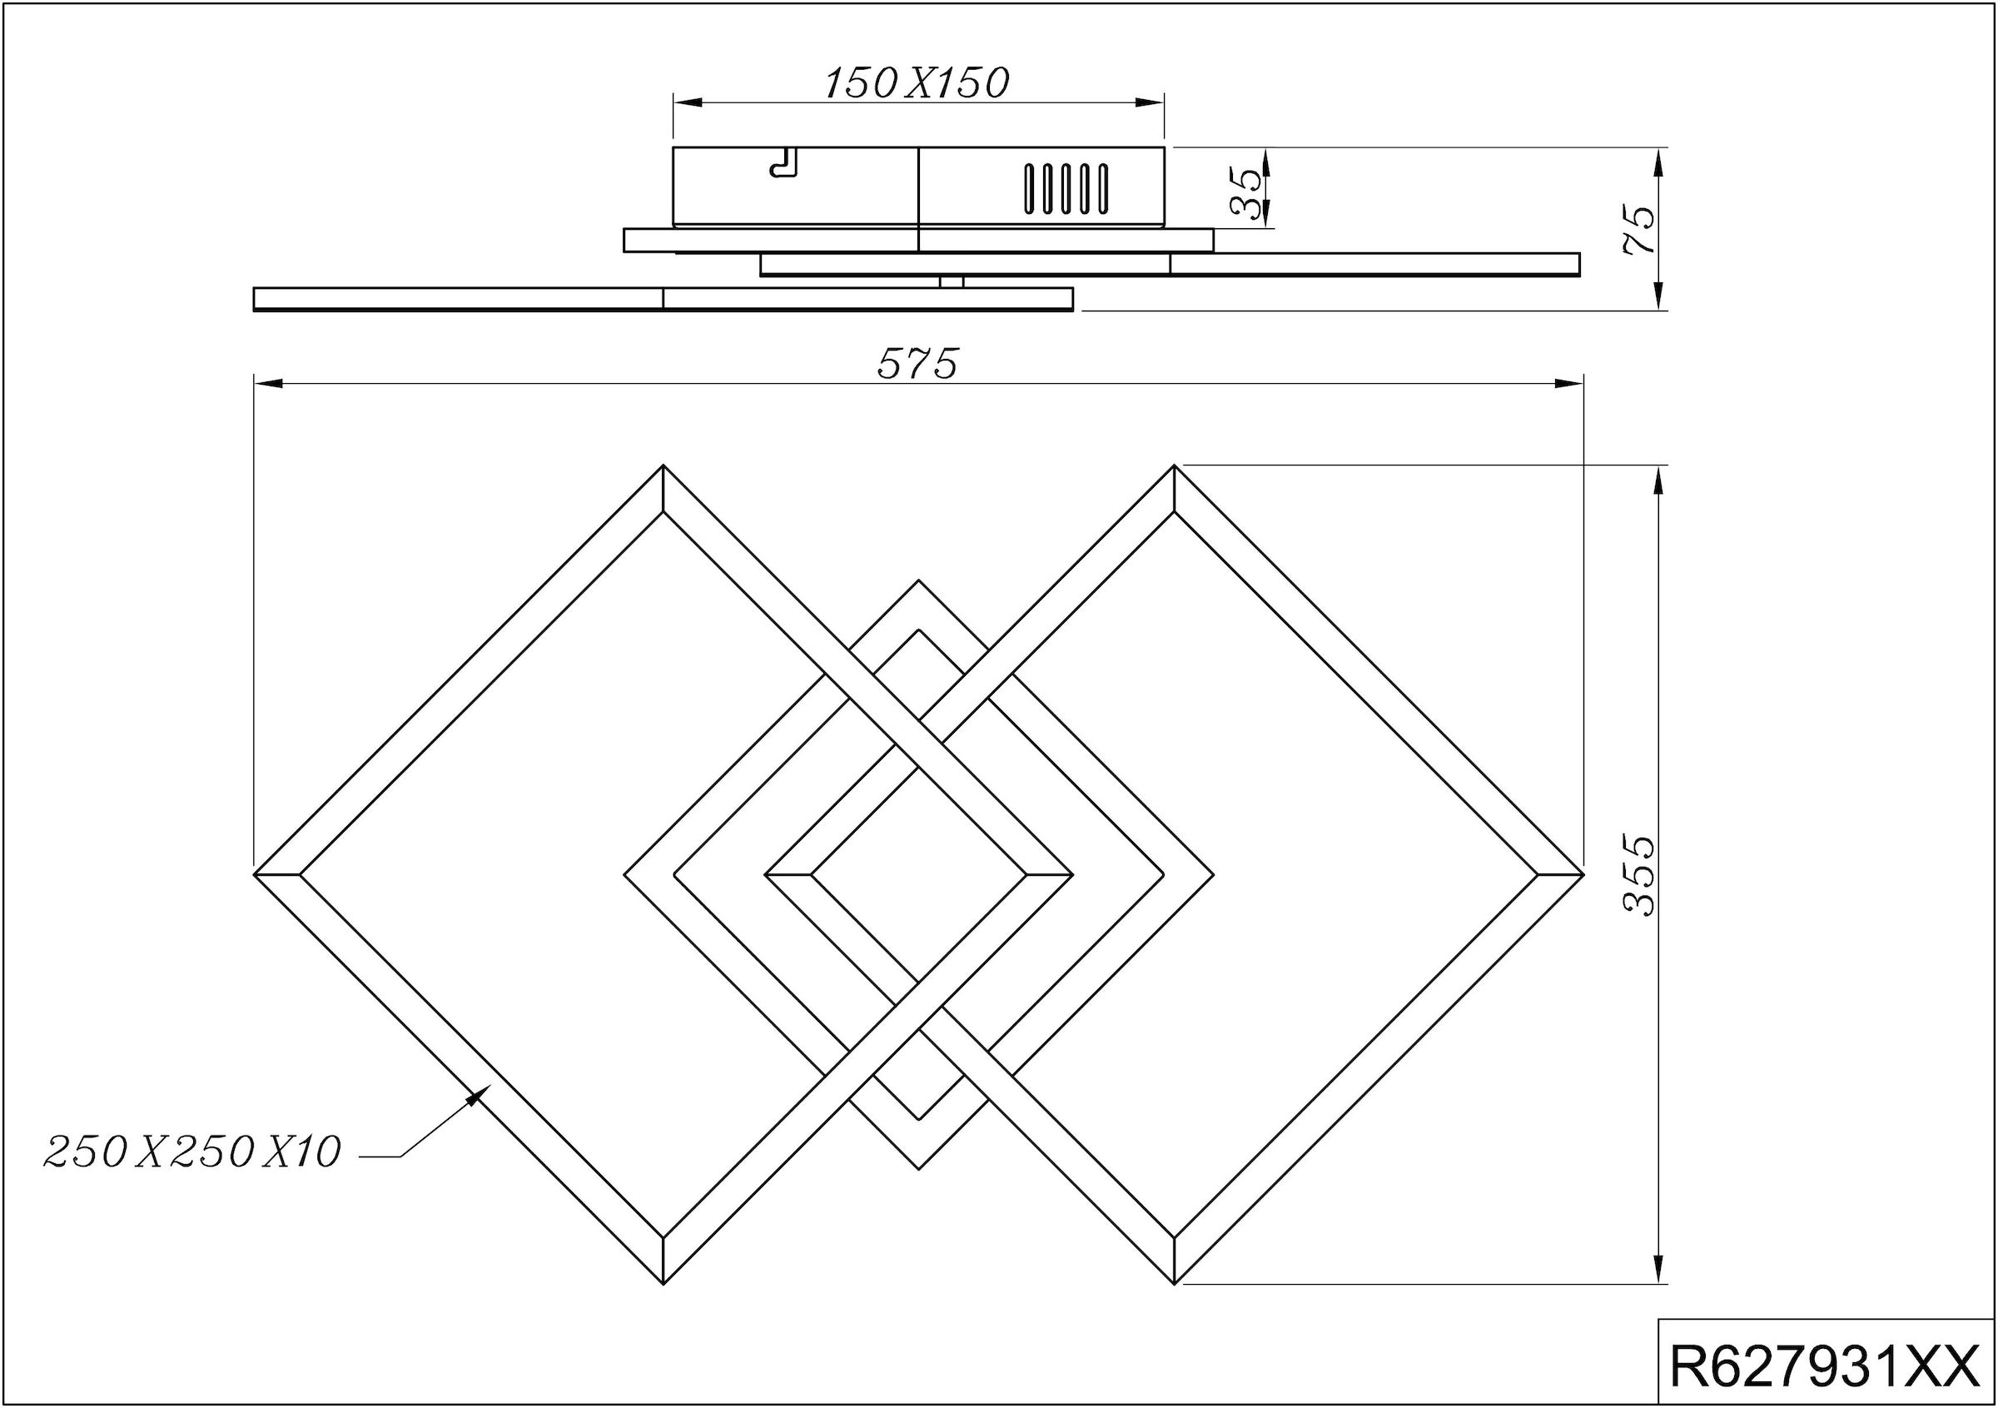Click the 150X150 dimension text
[917, 83]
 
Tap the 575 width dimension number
[917, 364]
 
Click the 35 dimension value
[1246, 192]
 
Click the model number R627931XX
[1825, 1366]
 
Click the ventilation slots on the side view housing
[1066, 189]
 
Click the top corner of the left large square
[664, 466]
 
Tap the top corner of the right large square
[1175, 466]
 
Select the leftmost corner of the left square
[256, 873]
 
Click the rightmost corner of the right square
[1581, 873]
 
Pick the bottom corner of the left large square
[664, 1281]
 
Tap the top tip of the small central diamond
[919, 580]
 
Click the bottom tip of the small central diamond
[919, 1169]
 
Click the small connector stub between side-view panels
[952, 282]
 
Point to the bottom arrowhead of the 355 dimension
[1658, 1271]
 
